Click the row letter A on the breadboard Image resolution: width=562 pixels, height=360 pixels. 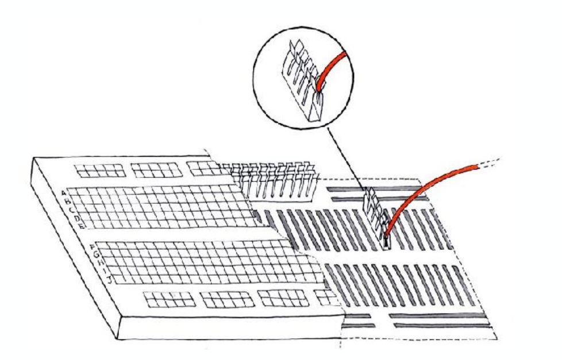(x=64, y=193)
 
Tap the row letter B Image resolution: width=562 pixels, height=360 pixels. (x=68, y=202)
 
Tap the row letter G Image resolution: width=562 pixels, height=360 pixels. (x=97, y=256)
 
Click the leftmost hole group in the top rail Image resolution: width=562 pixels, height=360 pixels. (x=101, y=171)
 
